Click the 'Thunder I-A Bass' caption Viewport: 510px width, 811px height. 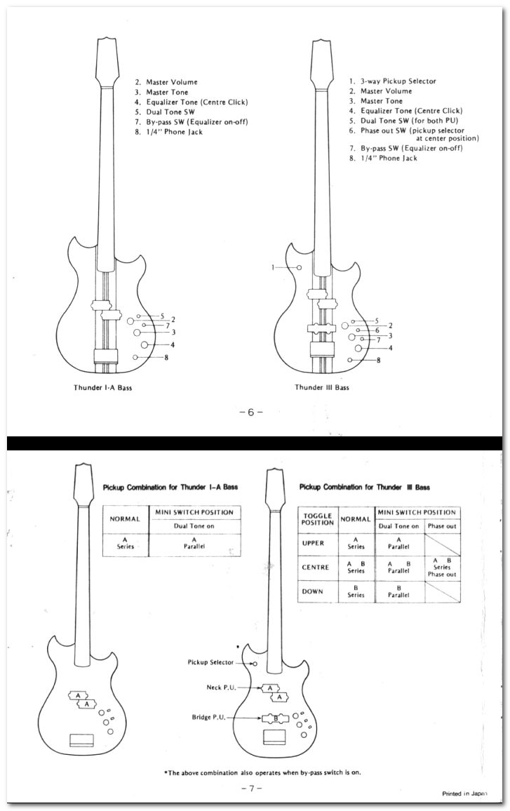tap(102, 387)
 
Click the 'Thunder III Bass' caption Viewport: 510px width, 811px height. tap(322, 387)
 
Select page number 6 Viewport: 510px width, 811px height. tap(251, 413)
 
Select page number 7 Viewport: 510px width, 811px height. tap(251, 789)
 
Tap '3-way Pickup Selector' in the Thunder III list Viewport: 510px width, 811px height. tap(398, 81)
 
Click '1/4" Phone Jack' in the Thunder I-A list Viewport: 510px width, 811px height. tap(174, 132)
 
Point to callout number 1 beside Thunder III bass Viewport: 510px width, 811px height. tap(273, 267)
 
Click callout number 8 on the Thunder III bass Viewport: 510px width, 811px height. tap(379, 360)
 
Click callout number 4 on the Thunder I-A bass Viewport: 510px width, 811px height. tap(173, 344)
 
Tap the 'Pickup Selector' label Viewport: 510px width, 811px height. tap(210, 662)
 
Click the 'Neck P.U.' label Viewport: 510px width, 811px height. tap(222, 688)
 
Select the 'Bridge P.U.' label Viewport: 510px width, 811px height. tap(209, 718)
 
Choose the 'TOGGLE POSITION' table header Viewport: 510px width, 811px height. tap(318, 519)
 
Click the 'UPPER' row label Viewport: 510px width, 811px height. tap(313, 543)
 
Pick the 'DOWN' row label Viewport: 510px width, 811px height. tap(312, 591)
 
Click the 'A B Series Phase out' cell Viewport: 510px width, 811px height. tap(442, 568)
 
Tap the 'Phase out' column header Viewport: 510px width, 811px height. tap(442, 526)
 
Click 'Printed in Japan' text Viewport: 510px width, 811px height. tap(464, 793)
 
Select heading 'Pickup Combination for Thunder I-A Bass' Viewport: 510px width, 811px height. tap(170, 487)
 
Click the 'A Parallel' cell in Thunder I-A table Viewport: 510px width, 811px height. tap(194, 543)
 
